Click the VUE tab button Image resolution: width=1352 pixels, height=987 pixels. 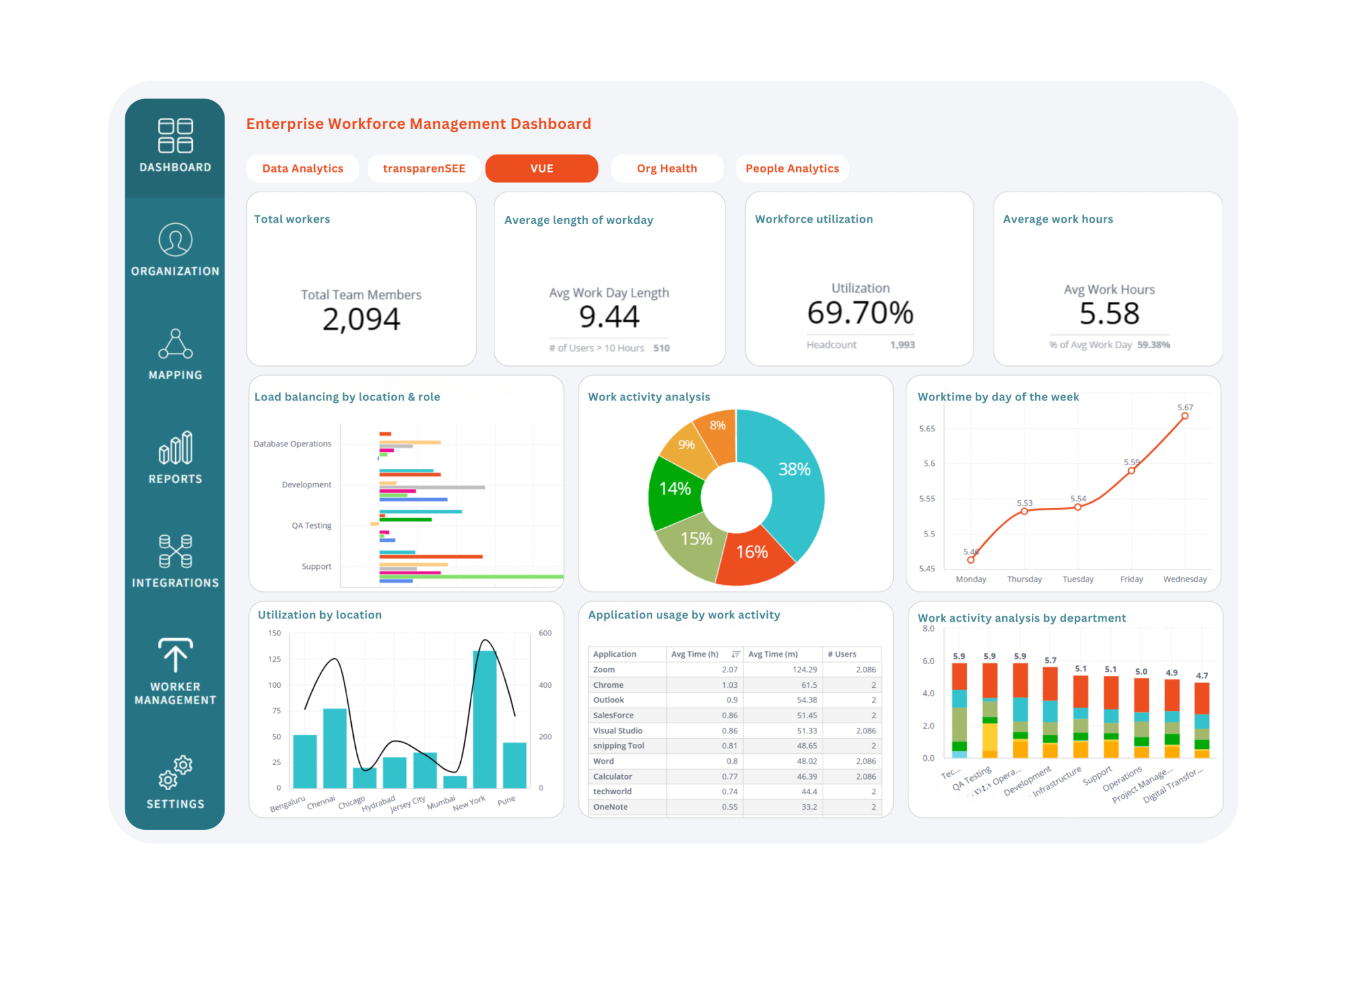(541, 168)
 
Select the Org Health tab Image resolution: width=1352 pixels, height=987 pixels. (667, 168)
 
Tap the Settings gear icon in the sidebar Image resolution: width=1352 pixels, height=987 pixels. (175, 772)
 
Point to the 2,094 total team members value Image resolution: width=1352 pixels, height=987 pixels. (361, 320)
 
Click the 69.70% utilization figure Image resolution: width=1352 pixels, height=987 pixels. (860, 312)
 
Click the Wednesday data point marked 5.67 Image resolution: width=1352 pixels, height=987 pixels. (1185, 416)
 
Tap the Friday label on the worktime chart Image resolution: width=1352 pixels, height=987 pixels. (1132, 579)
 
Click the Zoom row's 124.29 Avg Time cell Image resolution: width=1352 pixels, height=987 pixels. (804, 670)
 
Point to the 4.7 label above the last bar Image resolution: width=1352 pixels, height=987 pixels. (1202, 676)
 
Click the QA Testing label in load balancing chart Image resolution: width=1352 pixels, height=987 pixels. (312, 526)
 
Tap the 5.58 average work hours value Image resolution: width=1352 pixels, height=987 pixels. (1109, 314)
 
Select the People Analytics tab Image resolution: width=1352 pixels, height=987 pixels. (792, 168)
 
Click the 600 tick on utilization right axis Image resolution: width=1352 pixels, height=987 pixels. (545, 633)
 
